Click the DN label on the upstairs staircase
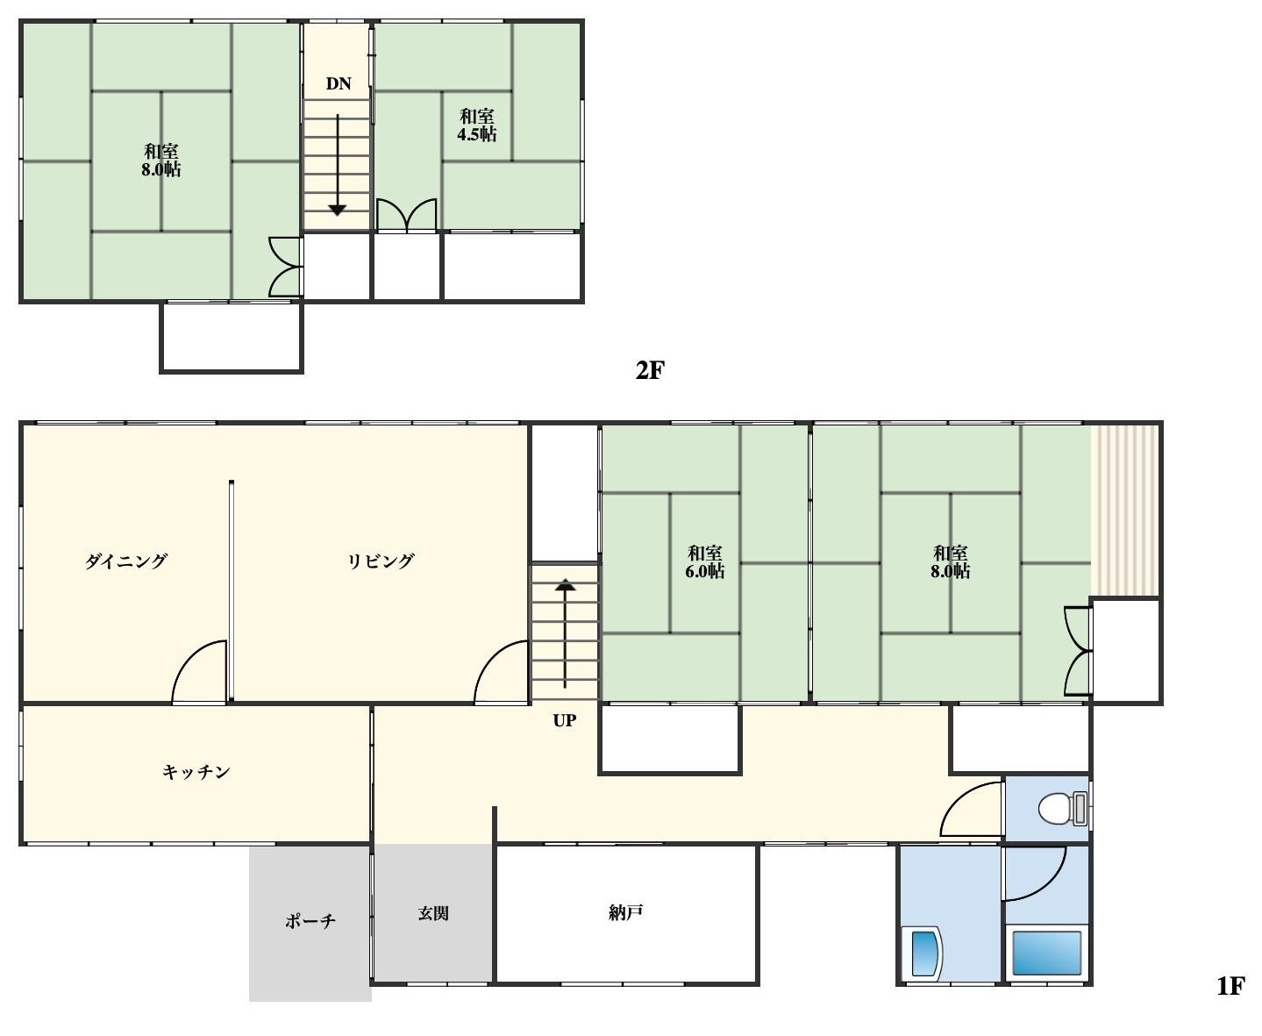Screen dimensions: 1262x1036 pyautogui.click(x=339, y=84)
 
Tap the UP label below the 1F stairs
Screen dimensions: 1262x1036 pyautogui.click(x=564, y=720)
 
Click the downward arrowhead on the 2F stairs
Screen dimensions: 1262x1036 pyautogui.click(x=338, y=210)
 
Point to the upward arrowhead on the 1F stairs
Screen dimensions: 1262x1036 pyautogui.click(x=565, y=585)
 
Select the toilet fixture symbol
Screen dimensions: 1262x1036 pyautogui.click(x=1062, y=809)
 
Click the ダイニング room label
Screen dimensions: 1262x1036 pyautogui.click(x=125, y=561)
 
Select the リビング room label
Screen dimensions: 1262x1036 pyautogui.click(x=381, y=561)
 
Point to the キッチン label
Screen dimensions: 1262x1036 pyautogui.click(x=196, y=772)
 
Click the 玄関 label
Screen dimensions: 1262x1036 pyautogui.click(x=432, y=913)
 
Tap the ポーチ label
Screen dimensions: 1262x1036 pyautogui.click(x=310, y=920)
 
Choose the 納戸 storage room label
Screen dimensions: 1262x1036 pyautogui.click(x=625, y=912)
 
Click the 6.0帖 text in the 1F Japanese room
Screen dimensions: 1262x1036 pyautogui.click(x=704, y=571)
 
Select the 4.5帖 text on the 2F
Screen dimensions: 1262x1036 pyautogui.click(x=476, y=134)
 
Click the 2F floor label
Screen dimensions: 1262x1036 pyautogui.click(x=650, y=370)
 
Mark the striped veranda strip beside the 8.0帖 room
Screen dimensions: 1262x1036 pyautogui.click(x=1125, y=511)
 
